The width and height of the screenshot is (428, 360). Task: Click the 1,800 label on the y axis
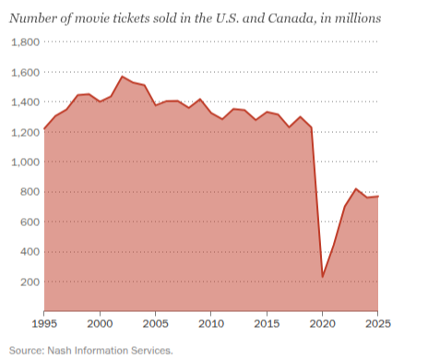(26, 42)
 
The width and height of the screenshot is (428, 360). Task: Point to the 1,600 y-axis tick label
(26, 72)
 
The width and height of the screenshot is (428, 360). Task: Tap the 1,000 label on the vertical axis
(26, 162)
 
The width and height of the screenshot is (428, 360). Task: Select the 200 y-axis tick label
(30, 282)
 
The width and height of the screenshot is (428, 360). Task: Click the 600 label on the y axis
(30, 222)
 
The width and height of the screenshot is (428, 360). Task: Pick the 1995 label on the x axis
(44, 324)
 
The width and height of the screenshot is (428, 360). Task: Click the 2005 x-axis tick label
(155, 324)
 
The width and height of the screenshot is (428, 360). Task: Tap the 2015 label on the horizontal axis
(267, 324)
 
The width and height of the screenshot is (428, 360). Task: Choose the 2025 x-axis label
(378, 324)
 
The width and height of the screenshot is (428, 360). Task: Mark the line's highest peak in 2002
(122, 77)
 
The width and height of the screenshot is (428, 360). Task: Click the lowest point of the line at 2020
(323, 277)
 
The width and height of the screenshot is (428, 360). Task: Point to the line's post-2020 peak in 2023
(356, 188)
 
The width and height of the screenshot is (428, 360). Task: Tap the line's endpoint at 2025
(378, 196)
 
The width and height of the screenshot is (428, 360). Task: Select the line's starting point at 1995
(44, 128)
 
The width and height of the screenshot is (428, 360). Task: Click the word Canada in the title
(292, 18)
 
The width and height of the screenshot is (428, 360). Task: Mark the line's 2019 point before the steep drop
(311, 127)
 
